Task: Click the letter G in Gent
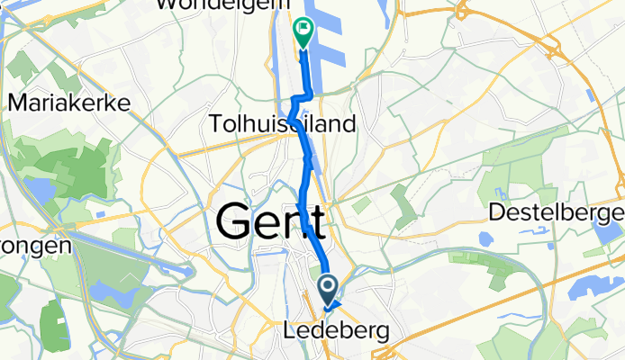click(x=237, y=220)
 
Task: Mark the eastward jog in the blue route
click(x=304, y=95)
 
